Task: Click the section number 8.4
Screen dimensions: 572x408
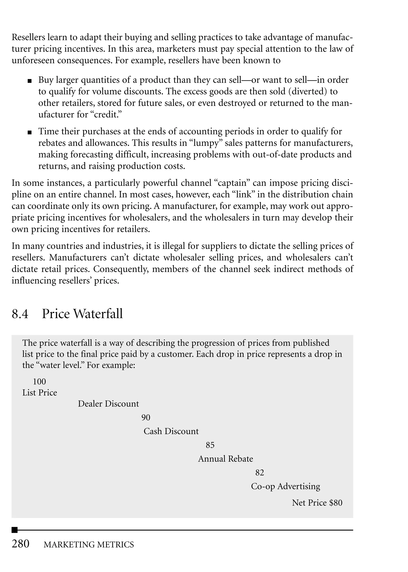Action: [20, 314]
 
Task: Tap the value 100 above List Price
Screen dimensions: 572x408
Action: [39, 381]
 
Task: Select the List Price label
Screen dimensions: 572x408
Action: [40, 392]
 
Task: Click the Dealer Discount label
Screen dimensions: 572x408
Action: [108, 404]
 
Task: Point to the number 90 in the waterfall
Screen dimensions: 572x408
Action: [146, 417]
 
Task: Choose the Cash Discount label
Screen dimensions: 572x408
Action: [171, 431]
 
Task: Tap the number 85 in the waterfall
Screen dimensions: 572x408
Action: [210, 445]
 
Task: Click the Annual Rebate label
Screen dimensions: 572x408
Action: [225, 459]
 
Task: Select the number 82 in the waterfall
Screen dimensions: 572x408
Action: [260, 472]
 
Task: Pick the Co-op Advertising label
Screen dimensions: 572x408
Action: [286, 486]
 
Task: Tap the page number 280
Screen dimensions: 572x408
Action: [21, 544]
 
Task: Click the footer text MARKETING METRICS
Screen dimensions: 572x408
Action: [89, 544]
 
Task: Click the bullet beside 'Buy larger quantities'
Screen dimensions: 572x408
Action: [30, 81]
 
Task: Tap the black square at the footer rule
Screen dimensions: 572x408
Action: [15, 530]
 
